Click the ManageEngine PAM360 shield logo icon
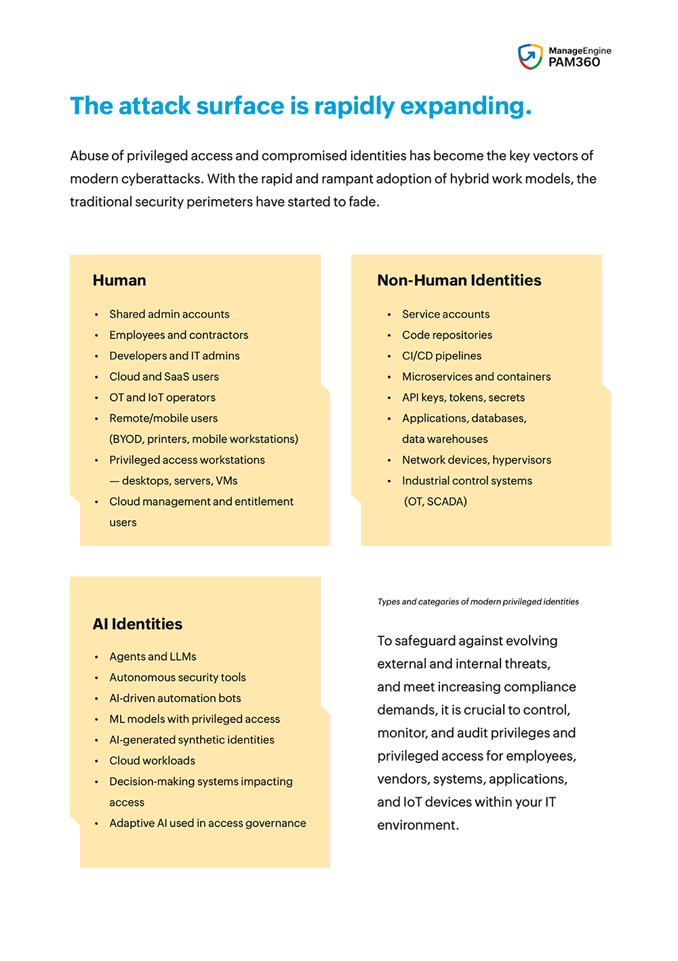click(x=530, y=57)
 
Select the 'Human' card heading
click(x=119, y=281)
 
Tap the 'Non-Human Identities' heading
click(x=459, y=281)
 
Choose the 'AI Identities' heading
click(x=138, y=624)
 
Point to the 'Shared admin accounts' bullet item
click(x=169, y=314)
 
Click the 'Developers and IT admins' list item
click(x=174, y=356)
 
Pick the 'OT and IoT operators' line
click(x=162, y=398)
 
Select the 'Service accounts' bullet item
click(x=445, y=314)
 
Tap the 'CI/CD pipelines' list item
click(x=441, y=356)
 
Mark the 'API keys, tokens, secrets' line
click(x=463, y=398)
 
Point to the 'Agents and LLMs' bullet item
click(x=153, y=657)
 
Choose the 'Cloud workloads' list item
click(x=152, y=761)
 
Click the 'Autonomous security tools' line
click(x=178, y=678)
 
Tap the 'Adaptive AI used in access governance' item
click(x=207, y=823)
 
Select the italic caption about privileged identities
click(x=478, y=602)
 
